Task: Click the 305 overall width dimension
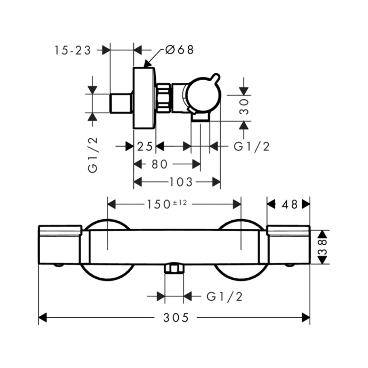pyautogui.click(x=176, y=318)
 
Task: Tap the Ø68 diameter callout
pyautogui.click(x=180, y=50)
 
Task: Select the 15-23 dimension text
pyautogui.click(x=72, y=50)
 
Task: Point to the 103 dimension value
pyautogui.click(x=181, y=182)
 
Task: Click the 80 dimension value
pyautogui.click(x=159, y=164)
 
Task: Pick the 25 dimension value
pyautogui.click(x=145, y=147)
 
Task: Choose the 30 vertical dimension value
pyautogui.click(x=244, y=107)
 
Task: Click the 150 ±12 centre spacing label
pyautogui.click(x=167, y=204)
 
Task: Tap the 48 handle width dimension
pyautogui.click(x=289, y=204)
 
